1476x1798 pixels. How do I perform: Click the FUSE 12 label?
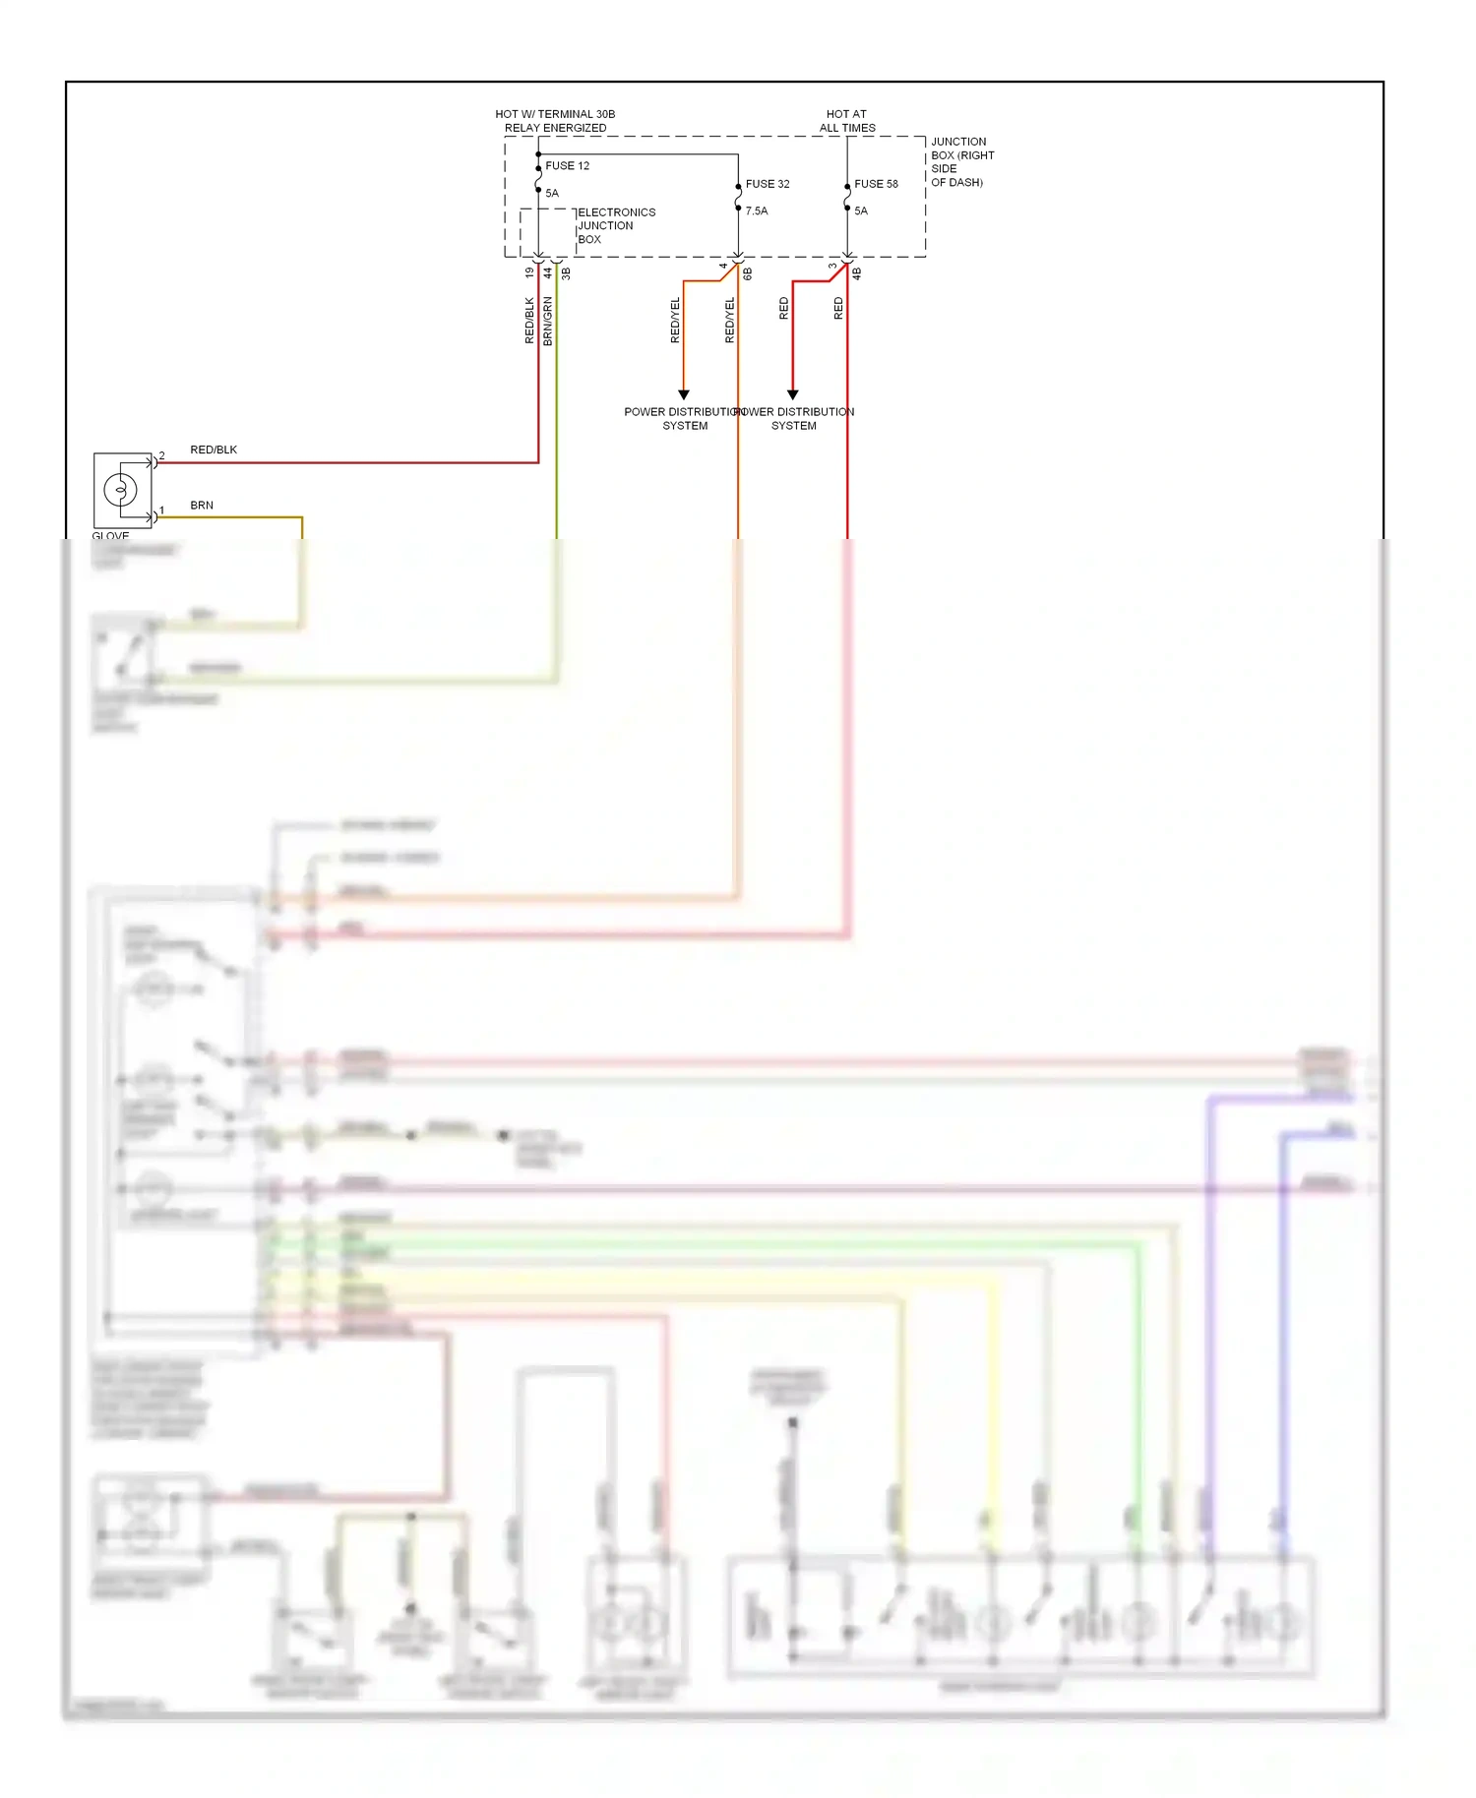pyautogui.click(x=567, y=166)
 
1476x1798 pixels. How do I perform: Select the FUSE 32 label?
pyautogui.click(x=767, y=184)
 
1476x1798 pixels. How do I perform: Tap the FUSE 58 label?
pyautogui.click(x=876, y=184)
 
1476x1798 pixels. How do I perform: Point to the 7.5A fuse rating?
pyautogui.click(x=756, y=211)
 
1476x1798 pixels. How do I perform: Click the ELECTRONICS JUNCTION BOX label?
pyautogui.click(x=615, y=226)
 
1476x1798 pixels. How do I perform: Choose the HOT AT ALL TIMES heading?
pyautogui.click(x=846, y=121)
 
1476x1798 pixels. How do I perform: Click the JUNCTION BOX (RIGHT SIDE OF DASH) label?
pyautogui.click(x=961, y=162)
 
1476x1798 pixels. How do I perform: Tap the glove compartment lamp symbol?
pyautogui.click(x=121, y=489)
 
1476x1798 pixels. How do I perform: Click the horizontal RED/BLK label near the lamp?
pyautogui.click(x=214, y=450)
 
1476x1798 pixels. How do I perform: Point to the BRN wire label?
pyautogui.click(x=202, y=506)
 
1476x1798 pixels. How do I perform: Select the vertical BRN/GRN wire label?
pyautogui.click(x=548, y=321)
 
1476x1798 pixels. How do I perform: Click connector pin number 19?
pyautogui.click(x=529, y=272)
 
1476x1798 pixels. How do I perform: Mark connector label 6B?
pyautogui.click(x=748, y=273)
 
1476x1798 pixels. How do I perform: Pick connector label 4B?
pyautogui.click(x=857, y=273)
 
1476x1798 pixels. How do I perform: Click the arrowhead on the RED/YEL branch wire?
pyautogui.click(x=684, y=395)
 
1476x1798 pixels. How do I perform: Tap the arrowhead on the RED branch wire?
pyautogui.click(x=792, y=395)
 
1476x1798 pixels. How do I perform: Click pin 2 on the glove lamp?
pyautogui.click(x=161, y=456)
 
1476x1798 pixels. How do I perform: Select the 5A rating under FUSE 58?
pyautogui.click(x=861, y=211)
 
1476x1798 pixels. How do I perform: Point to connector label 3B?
pyautogui.click(x=566, y=273)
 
